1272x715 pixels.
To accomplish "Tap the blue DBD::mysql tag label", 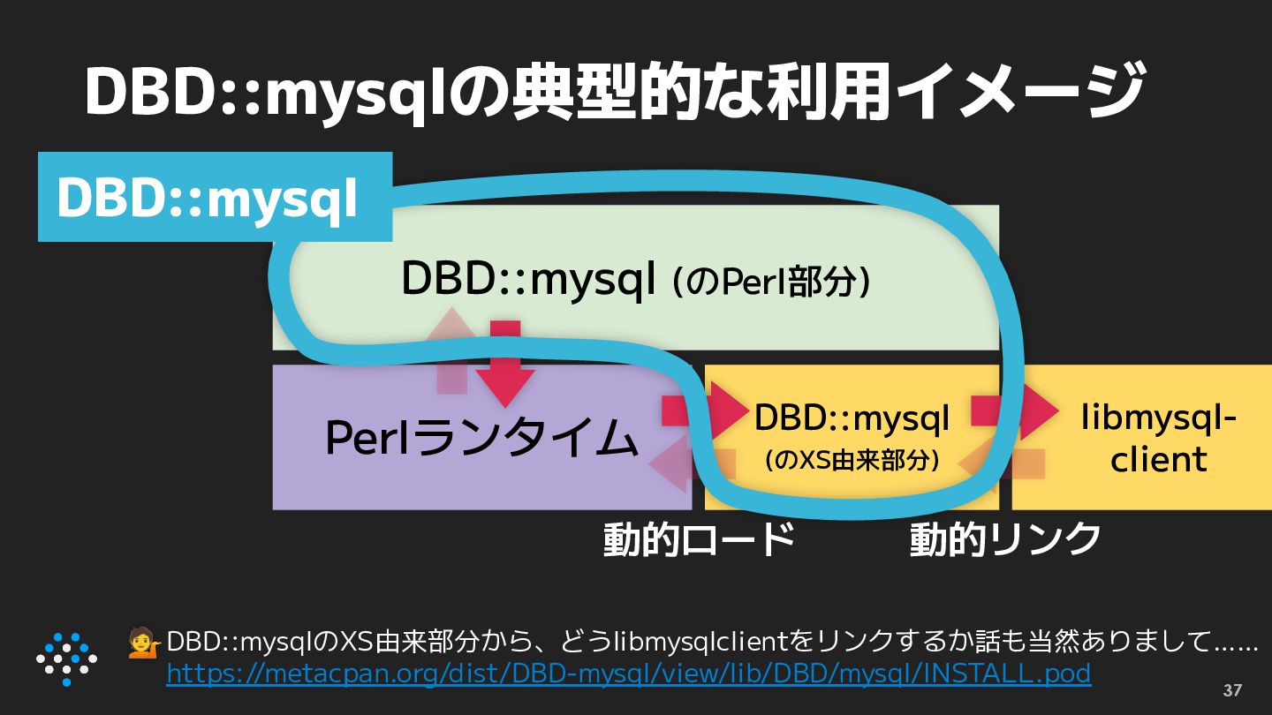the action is pos(208,199).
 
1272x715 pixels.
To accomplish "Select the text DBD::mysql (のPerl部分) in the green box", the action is pos(636,280).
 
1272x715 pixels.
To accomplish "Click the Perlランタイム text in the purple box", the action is pos(481,438).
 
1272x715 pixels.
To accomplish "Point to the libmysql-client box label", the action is pos(1158,438).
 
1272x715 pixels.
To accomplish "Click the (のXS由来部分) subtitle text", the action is pos(851,460).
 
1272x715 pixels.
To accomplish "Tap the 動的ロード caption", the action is pos(699,538).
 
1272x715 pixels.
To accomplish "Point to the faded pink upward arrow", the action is pos(451,349).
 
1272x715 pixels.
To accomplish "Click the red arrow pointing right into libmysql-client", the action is pos(1016,410).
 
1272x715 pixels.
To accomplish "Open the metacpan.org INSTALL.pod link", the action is pos(629,674).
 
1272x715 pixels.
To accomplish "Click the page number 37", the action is pos(1232,690).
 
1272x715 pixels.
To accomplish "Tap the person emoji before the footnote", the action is pos(144,643).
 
